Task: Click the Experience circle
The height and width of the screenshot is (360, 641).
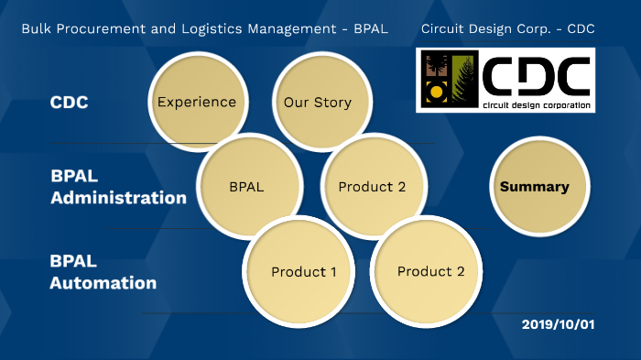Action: (x=197, y=102)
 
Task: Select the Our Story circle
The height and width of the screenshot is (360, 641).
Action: (x=317, y=102)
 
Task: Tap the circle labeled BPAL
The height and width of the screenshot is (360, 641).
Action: (x=246, y=187)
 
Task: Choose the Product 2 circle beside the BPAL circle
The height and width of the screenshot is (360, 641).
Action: (x=372, y=187)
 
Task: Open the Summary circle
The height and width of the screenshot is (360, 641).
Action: (x=534, y=187)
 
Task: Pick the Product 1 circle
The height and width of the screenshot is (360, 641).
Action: (x=304, y=272)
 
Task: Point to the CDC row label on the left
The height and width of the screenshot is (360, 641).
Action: (x=70, y=102)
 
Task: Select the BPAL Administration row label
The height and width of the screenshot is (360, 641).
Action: (x=118, y=186)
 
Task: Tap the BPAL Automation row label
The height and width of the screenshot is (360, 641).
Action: (x=103, y=272)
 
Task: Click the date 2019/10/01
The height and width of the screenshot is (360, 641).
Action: (x=559, y=325)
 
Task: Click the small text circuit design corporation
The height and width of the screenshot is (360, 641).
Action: (x=536, y=104)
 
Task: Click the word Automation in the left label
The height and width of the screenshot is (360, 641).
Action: (x=103, y=283)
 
